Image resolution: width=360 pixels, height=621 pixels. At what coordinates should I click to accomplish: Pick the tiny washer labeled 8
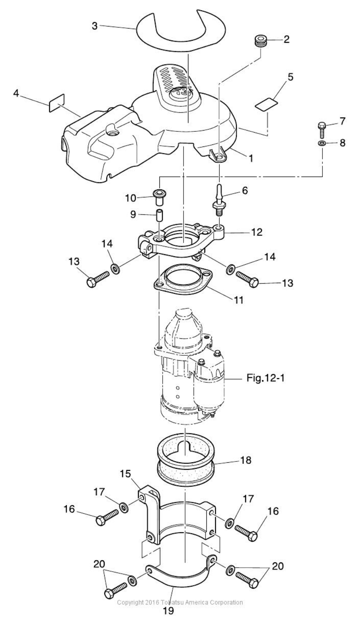(x=322, y=144)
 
